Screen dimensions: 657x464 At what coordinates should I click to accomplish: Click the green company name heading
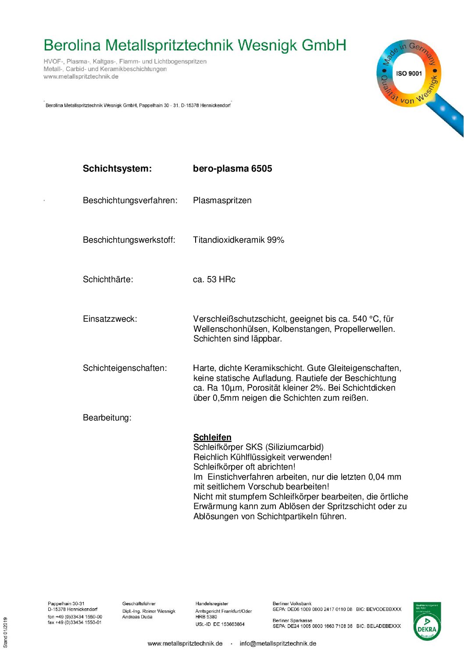pyautogui.click(x=195, y=45)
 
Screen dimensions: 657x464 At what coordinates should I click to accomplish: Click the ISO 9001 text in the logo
pyautogui.click(x=409, y=73)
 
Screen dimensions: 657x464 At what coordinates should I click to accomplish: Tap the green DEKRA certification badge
pyautogui.click(x=427, y=621)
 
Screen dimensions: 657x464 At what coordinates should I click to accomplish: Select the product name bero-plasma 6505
pyautogui.click(x=232, y=169)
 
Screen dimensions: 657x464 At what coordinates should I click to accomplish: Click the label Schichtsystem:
pyautogui.click(x=117, y=169)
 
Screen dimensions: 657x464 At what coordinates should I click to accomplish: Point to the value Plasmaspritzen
pyautogui.click(x=222, y=201)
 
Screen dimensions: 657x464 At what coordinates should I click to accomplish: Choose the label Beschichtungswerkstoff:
pyautogui.click(x=129, y=240)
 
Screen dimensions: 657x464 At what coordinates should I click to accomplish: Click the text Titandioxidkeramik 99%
pyautogui.click(x=239, y=240)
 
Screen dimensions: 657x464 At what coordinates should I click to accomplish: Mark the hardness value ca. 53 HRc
pyautogui.click(x=214, y=280)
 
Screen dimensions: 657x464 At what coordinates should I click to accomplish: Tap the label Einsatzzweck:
pyautogui.click(x=110, y=319)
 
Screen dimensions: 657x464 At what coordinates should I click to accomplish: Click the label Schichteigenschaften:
pyautogui.click(x=125, y=368)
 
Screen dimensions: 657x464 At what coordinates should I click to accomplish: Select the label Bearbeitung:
pyautogui.click(x=107, y=418)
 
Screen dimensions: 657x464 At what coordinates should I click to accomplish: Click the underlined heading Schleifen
pyautogui.click(x=212, y=437)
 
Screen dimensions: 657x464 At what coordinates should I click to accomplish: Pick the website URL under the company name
pyautogui.click(x=81, y=77)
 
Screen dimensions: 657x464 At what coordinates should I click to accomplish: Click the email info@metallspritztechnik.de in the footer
pyautogui.click(x=278, y=643)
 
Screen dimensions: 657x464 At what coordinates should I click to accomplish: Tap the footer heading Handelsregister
pyautogui.click(x=212, y=604)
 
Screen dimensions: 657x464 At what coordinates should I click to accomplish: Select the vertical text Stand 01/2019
pyautogui.click(x=6, y=632)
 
